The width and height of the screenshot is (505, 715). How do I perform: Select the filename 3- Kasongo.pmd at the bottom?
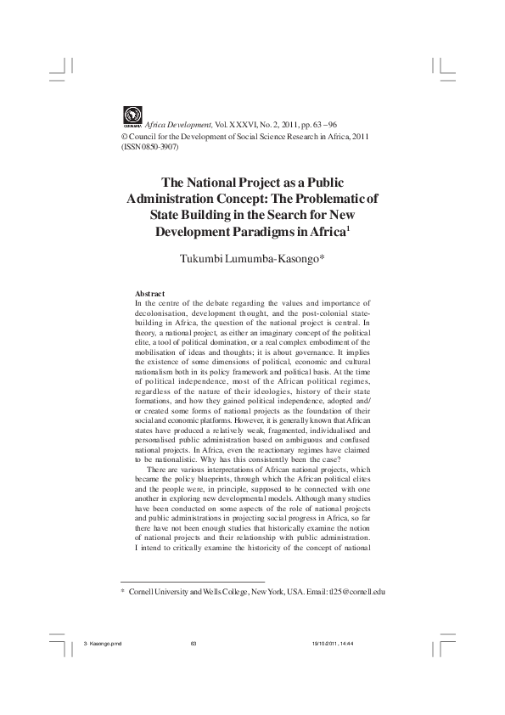(x=104, y=667)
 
